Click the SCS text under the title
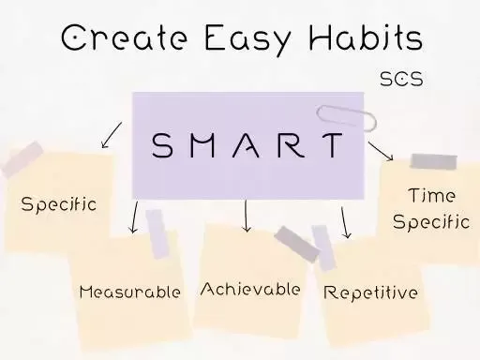401,79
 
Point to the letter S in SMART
162,146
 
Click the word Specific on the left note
58,203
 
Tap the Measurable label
129,292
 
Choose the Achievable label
250,289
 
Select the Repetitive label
370,292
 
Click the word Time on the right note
432,196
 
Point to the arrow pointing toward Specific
112,135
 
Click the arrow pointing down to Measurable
134,217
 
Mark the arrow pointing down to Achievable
247,216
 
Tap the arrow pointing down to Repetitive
345,222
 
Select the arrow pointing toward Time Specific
381,150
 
